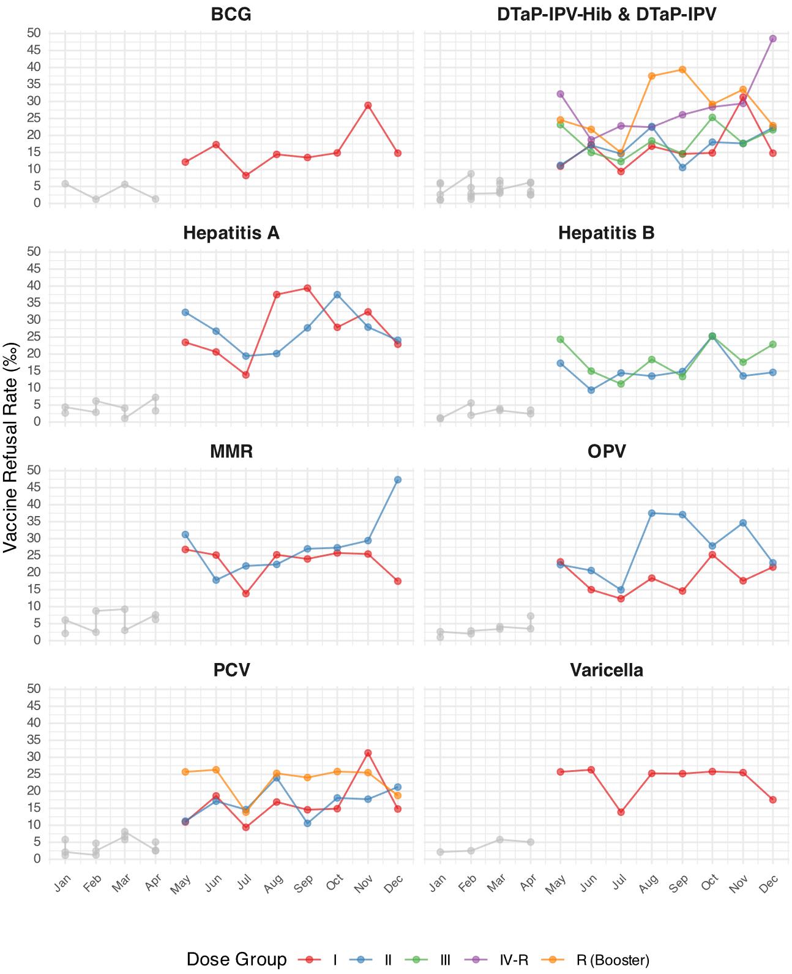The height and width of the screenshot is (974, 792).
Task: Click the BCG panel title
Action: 231,14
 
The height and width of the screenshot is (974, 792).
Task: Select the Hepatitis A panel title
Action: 231,233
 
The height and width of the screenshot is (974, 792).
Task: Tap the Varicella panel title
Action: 606,670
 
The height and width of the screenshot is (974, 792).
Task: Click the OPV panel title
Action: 606,451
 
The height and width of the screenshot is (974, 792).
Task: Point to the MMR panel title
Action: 231,451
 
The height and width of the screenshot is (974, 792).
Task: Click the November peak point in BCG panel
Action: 367,105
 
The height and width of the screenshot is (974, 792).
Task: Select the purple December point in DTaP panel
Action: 772,39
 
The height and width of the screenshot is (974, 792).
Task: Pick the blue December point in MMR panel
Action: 397,480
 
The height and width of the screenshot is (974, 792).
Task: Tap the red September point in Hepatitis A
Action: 307,288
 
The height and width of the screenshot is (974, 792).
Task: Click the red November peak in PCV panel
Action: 367,753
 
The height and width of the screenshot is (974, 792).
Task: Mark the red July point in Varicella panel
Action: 621,812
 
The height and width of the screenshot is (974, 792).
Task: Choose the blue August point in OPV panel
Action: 651,513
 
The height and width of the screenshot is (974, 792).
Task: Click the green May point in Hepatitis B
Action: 560,339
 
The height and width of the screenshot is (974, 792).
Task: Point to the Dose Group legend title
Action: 237,959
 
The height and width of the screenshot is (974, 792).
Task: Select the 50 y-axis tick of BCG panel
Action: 34,32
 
